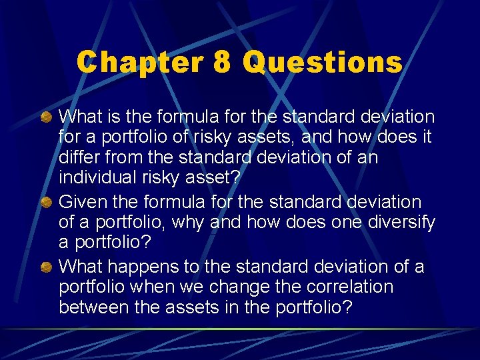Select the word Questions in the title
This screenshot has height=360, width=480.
click(323, 63)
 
